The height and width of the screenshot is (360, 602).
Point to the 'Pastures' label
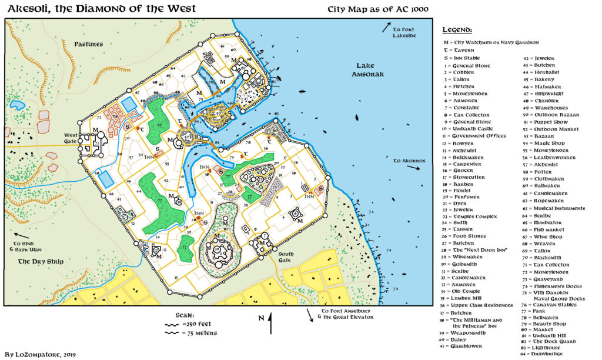pos(89,44)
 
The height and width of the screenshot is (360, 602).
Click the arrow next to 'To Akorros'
pos(414,168)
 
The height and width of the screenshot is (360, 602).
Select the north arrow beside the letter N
pos(270,322)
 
